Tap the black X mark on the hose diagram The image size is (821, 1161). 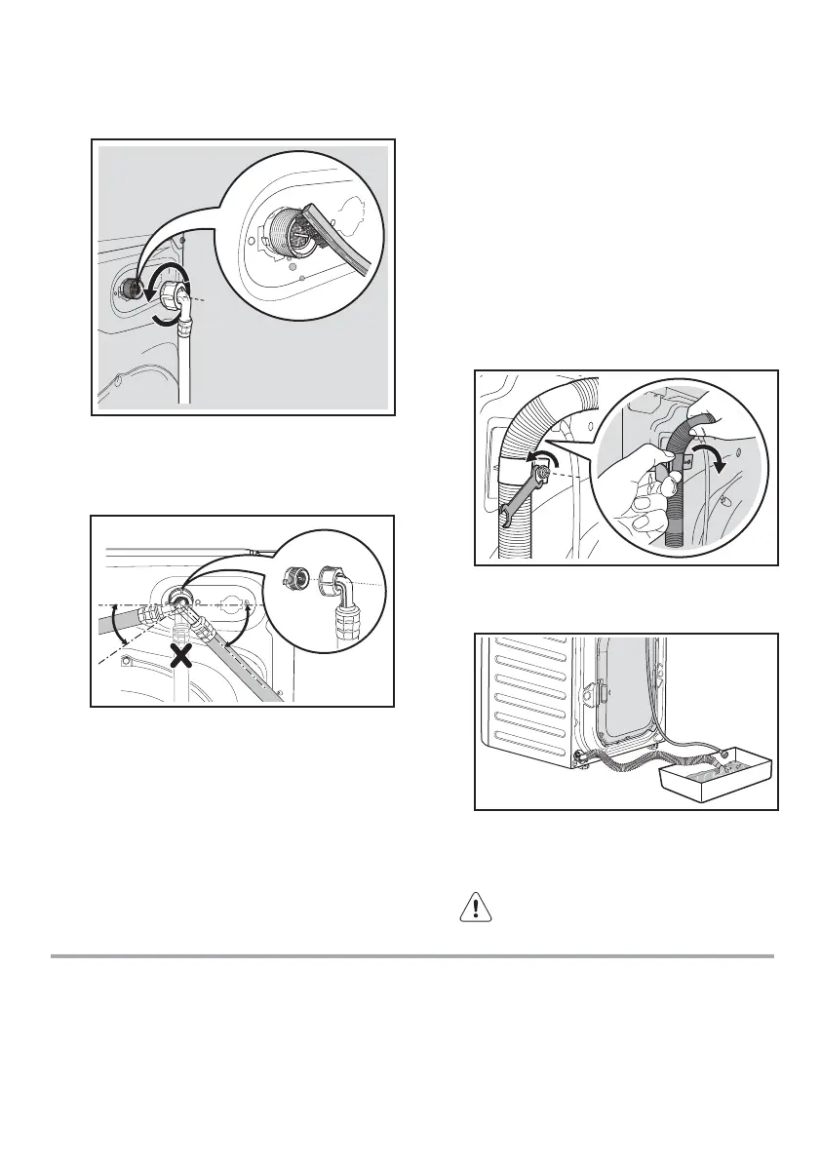179,656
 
